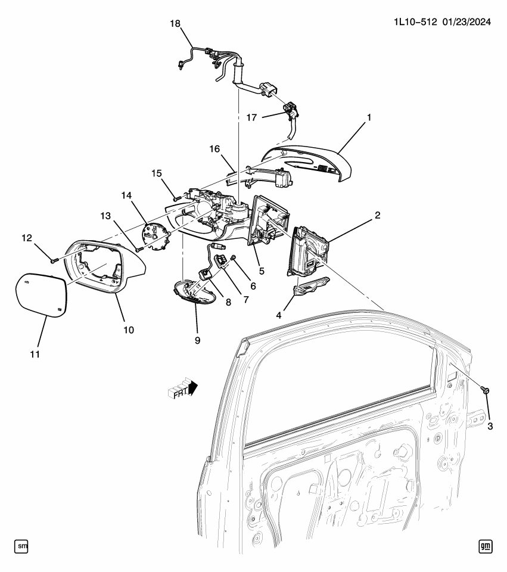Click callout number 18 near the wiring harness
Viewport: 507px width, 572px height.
click(x=175, y=23)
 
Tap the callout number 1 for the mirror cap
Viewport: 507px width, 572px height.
click(x=369, y=117)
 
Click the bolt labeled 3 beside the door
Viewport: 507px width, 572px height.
click(x=486, y=390)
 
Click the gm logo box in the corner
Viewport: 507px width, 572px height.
click(x=486, y=545)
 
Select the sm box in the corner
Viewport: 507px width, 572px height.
click(x=21, y=545)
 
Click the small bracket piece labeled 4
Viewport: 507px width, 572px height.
click(x=310, y=288)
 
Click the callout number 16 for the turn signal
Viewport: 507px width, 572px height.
click(x=214, y=148)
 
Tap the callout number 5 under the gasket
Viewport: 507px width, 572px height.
click(x=262, y=271)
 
